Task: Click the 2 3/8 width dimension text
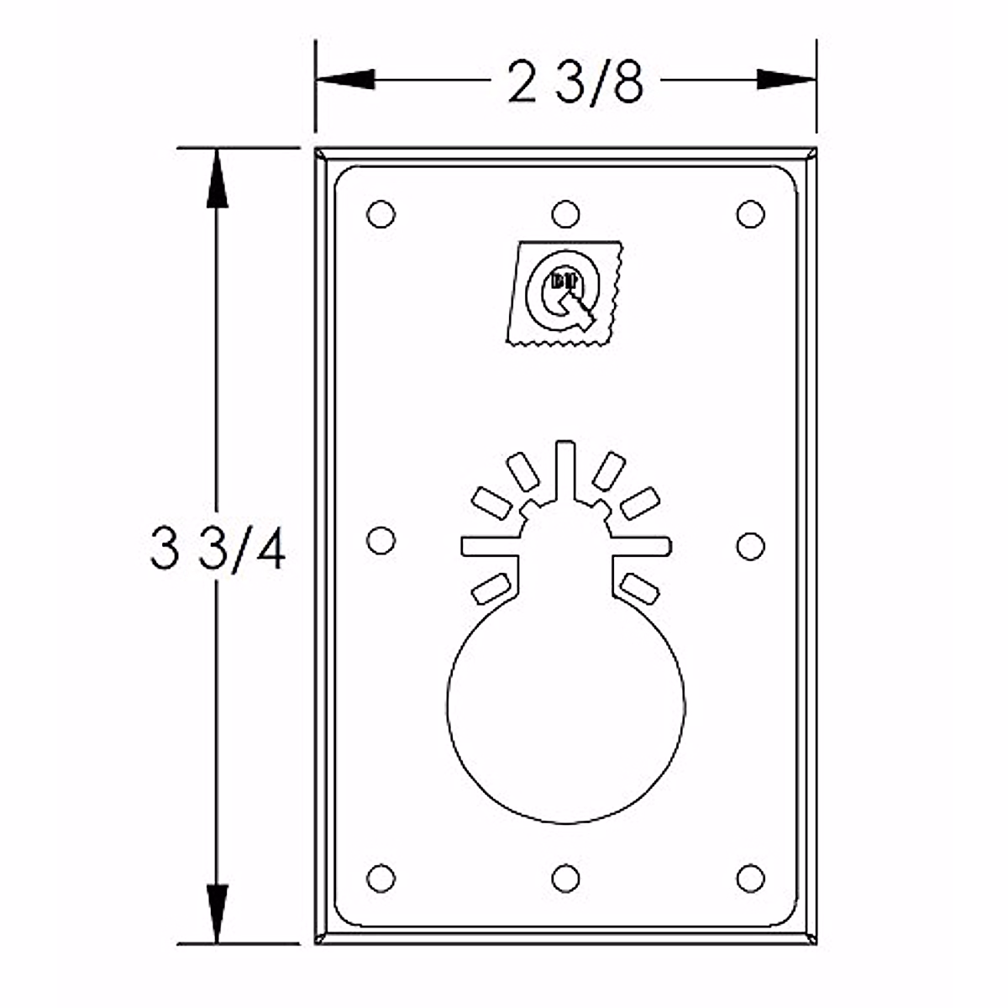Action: (x=575, y=82)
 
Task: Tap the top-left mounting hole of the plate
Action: (x=381, y=213)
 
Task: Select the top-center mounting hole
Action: (x=566, y=213)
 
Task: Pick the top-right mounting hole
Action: (x=750, y=213)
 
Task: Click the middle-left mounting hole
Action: (x=381, y=539)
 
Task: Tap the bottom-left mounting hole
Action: (x=381, y=878)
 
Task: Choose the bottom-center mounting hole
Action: (x=566, y=879)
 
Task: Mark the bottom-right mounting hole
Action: (x=750, y=878)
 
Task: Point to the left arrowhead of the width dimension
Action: (x=344, y=80)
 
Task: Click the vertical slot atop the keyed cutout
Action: (x=566, y=470)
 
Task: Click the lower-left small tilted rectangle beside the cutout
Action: (x=491, y=588)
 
